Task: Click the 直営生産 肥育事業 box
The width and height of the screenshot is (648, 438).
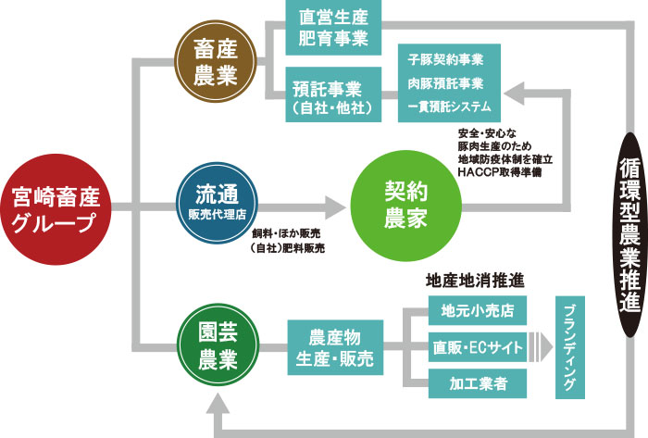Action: click(334, 28)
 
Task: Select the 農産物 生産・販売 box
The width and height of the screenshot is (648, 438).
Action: click(334, 347)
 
